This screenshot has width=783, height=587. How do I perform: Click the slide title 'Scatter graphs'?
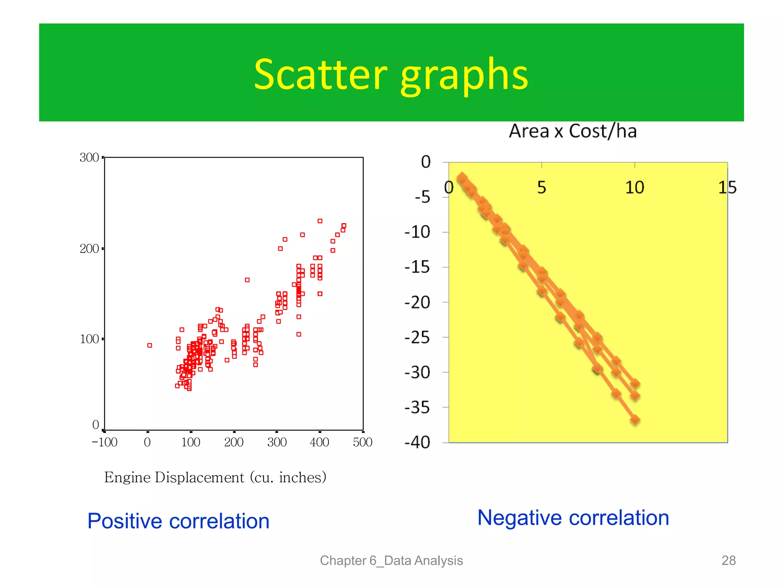391,75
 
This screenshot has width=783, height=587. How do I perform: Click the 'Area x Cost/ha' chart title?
572,131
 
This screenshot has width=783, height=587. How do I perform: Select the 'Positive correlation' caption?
178,521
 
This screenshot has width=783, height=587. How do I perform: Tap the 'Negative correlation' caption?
573,518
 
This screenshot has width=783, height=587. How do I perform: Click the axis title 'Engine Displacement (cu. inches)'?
215,477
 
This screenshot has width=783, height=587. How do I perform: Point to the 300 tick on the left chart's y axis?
89,157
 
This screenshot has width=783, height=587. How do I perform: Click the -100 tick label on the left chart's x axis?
104,442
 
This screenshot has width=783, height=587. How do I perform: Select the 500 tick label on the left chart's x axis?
362,442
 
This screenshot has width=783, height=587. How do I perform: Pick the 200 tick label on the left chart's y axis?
89,249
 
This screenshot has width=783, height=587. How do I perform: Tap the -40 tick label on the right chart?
417,443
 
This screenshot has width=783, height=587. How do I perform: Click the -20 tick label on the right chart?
417,303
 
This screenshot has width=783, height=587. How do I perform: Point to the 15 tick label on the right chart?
727,188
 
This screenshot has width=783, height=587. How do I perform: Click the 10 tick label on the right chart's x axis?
634,188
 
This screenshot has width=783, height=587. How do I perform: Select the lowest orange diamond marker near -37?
635,420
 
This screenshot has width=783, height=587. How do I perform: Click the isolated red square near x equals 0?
149,345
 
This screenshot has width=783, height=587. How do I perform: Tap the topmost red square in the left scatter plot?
320,221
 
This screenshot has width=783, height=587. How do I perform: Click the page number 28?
728,560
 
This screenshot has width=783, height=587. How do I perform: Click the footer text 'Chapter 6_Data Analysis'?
391,560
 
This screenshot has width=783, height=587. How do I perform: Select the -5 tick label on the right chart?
422,198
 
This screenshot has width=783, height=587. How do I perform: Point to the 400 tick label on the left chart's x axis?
319,442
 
